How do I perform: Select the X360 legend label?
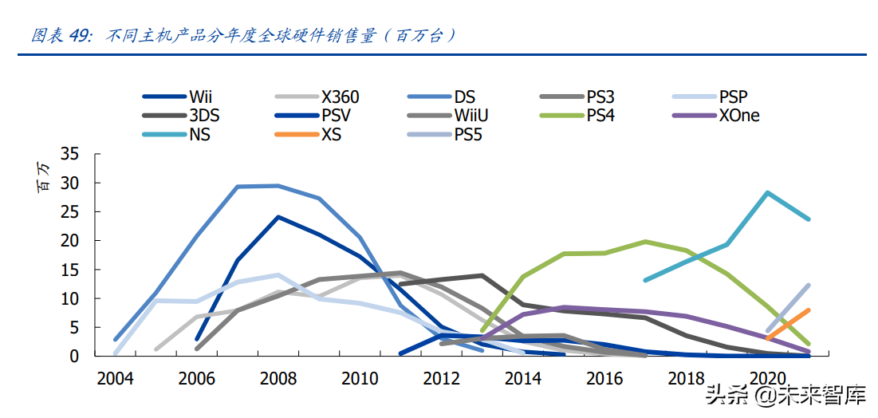(341, 97)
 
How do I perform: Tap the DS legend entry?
(465, 97)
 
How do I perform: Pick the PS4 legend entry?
(600, 116)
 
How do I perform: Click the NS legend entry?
(199, 134)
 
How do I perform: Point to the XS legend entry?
(331, 134)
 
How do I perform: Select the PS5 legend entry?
(468, 134)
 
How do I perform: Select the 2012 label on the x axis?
(441, 378)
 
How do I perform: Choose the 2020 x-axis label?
(766, 378)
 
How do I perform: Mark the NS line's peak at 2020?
(767, 193)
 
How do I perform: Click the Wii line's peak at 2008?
(278, 217)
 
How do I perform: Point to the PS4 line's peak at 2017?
(645, 241)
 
